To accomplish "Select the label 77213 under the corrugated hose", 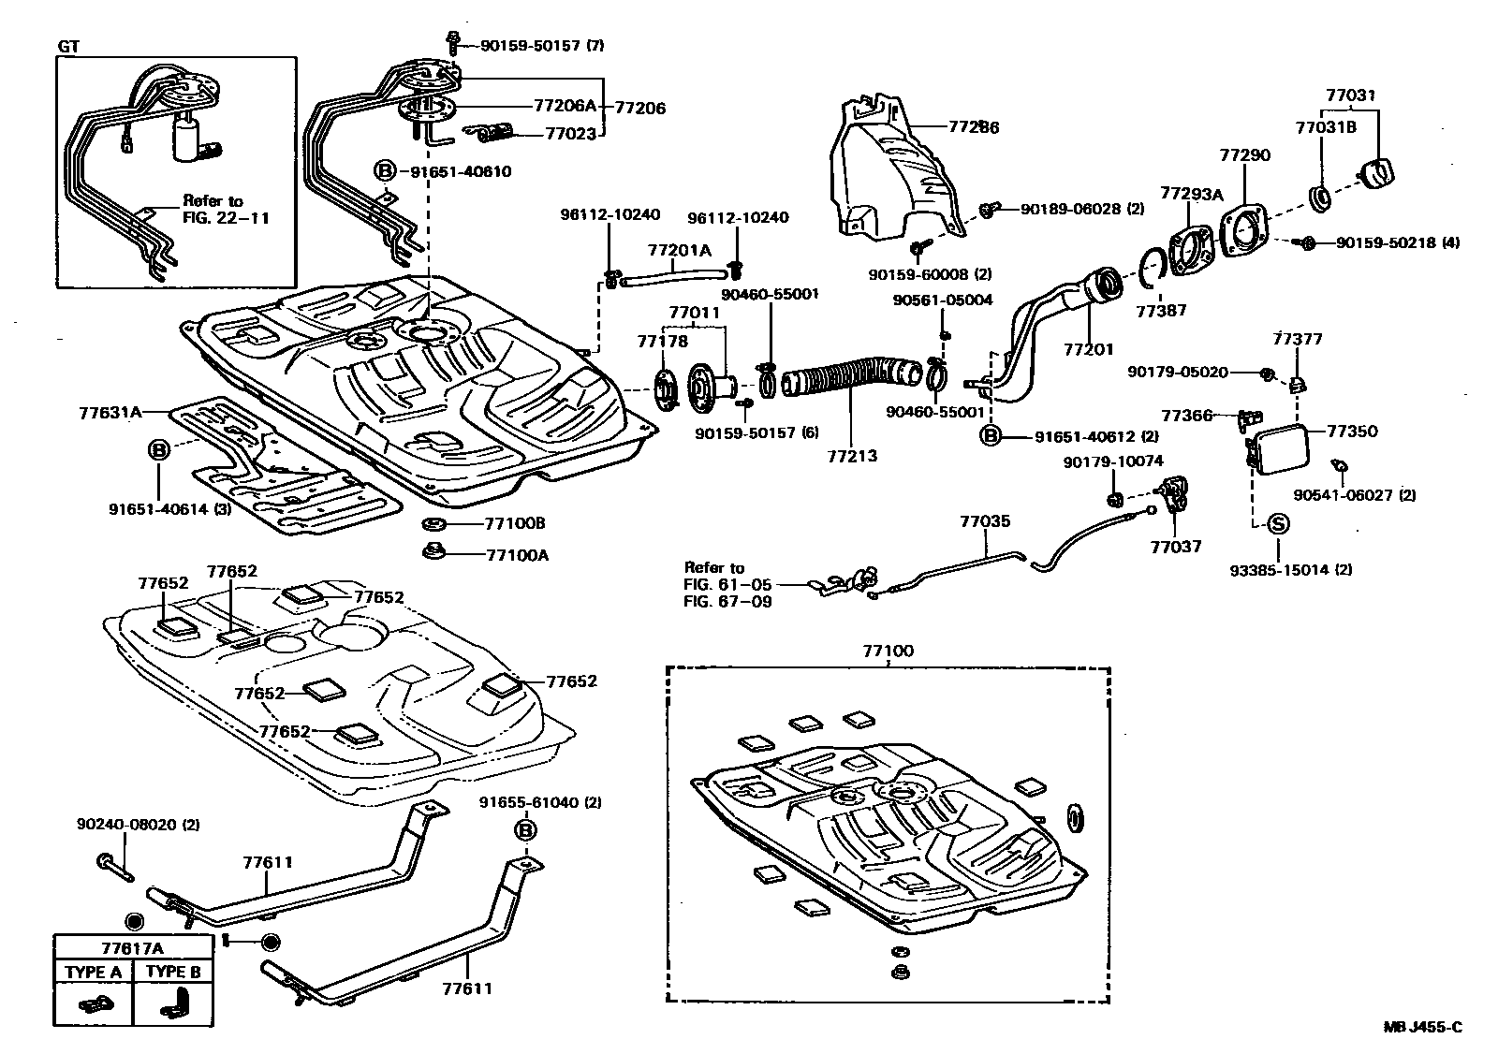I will point(852,457).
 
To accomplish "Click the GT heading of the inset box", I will point(69,45).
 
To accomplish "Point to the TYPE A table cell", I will point(93,973).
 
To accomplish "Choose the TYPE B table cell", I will point(173,973).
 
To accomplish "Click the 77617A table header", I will point(132,946).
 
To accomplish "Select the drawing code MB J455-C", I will point(1422,1028).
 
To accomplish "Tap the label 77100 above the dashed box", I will point(889,651).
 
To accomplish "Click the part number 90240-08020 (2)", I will point(138,825).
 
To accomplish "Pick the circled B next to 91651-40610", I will point(385,171).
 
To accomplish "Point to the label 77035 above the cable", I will point(985,521).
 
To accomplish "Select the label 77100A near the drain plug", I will point(517,555).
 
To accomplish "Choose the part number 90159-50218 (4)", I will point(1397,243).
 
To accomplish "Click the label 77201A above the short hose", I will point(680,250).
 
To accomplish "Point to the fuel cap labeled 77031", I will point(1376,174).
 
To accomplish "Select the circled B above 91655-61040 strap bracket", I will point(525,830).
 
